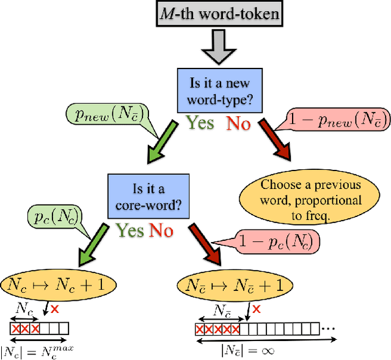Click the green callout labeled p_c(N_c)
click(x=57, y=217)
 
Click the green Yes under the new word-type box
click(x=200, y=123)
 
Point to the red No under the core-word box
click(x=161, y=230)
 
